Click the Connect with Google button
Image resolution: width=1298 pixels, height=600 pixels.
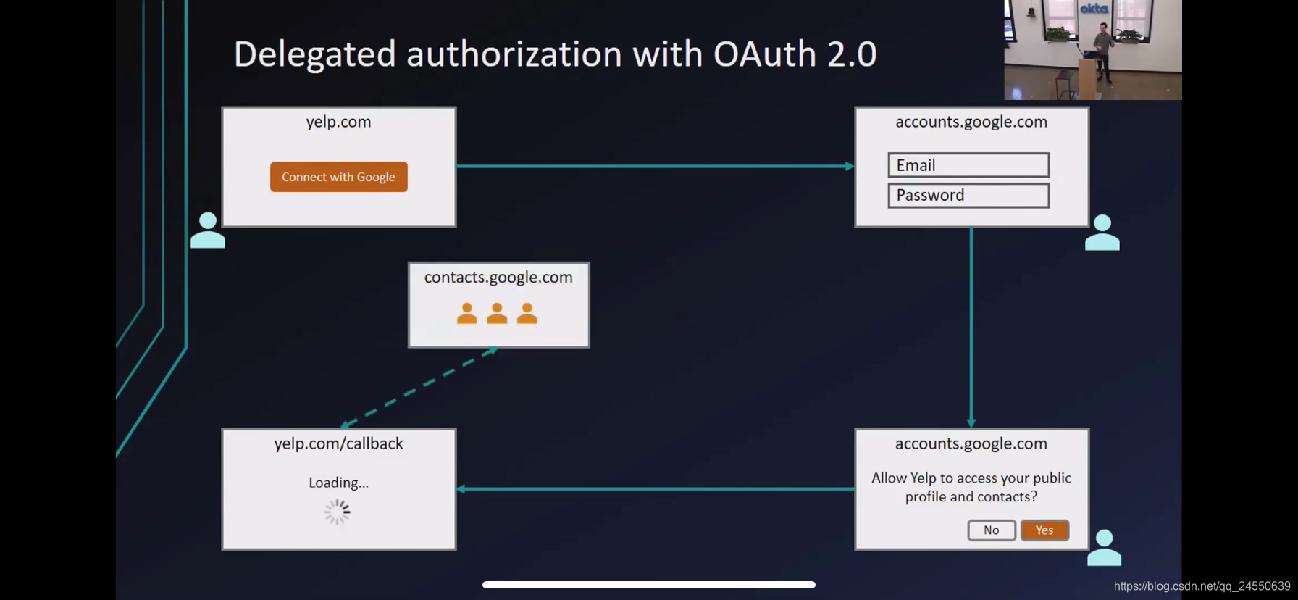click(x=338, y=177)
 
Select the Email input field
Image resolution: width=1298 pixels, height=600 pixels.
click(x=968, y=165)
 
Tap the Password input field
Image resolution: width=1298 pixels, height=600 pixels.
click(x=968, y=196)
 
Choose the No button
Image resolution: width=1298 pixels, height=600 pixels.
click(x=991, y=530)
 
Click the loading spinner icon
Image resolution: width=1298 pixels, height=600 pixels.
click(x=338, y=512)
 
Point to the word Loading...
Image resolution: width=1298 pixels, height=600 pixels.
click(x=338, y=483)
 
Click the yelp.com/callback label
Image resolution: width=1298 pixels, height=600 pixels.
click(x=338, y=443)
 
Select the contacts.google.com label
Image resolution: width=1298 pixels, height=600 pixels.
click(x=498, y=278)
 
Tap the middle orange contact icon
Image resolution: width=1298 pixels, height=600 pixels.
click(x=497, y=314)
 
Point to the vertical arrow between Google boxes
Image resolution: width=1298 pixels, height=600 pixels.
click(x=971, y=326)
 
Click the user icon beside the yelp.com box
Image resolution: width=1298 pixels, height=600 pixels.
click(x=208, y=230)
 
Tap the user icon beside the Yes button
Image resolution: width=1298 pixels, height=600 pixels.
click(x=1104, y=548)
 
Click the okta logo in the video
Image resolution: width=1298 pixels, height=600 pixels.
click(x=1094, y=9)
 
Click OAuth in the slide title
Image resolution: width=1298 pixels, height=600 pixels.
click(x=765, y=54)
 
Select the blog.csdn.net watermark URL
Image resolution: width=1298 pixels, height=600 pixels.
click(x=1202, y=586)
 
